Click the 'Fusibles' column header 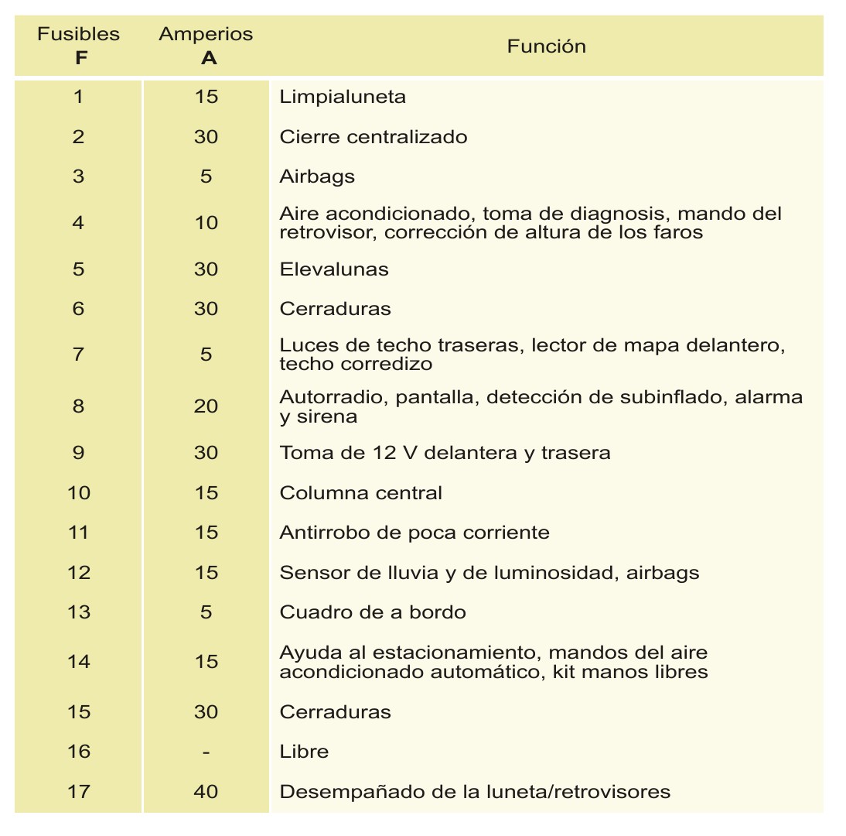click(x=79, y=35)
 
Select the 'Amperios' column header click(x=206, y=35)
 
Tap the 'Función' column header click(x=546, y=46)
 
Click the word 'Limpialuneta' click(x=343, y=98)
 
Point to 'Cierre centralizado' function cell click(x=374, y=137)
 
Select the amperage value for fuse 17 click(x=206, y=792)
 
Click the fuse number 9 click(x=79, y=453)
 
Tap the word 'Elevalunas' click(x=334, y=269)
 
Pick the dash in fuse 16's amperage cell click(x=206, y=752)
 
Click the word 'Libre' click(x=304, y=752)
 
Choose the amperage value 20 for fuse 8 click(x=206, y=406)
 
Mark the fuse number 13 click(x=79, y=612)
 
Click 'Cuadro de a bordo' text click(x=373, y=612)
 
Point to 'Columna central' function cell click(x=360, y=493)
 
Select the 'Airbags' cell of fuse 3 click(x=317, y=176)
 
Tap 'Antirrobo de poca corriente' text click(x=414, y=533)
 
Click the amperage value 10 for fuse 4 click(x=206, y=223)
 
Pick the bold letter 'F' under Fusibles click(x=81, y=58)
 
